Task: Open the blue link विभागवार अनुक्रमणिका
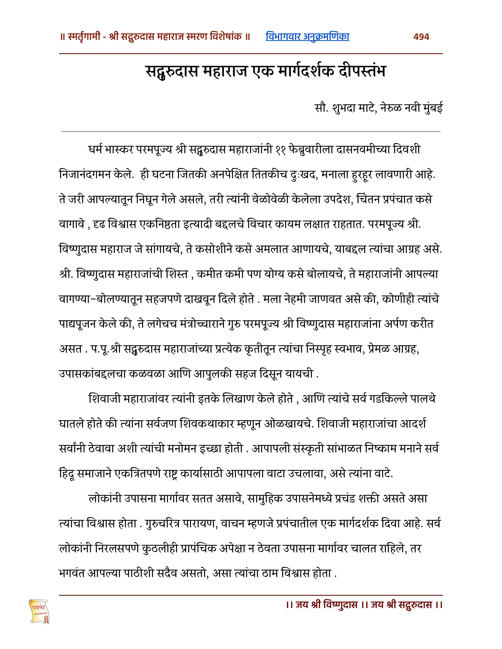307,37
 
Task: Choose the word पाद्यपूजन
77,324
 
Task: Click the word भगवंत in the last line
72,573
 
